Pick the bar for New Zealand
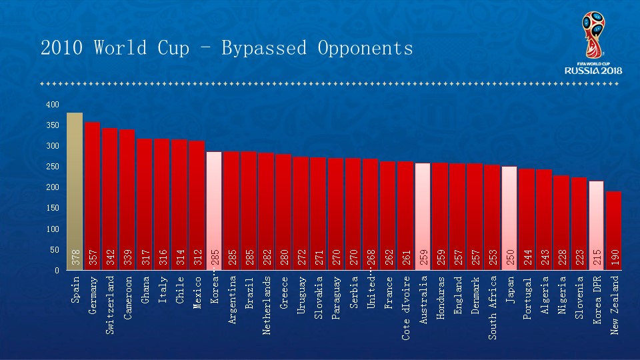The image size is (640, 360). pyautogui.click(x=613, y=230)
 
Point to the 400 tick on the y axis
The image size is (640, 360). pyautogui.click(x=53, y=105)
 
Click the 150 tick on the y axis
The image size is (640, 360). pyautogui.click(x=53, y=208)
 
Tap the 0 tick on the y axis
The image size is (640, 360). pyautogui.click(x=57, y=271)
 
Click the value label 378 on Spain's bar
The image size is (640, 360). pyautogui.click(x=75, y=257)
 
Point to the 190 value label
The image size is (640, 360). pyautogui.click(x=614, y=257)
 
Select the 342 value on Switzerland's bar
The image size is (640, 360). pyautogui.click(x=110, y=257)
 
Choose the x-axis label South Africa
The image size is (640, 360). pyautogui.click(x=492, y=307)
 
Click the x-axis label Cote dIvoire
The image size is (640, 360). pyautogui.click(x=405, y=307)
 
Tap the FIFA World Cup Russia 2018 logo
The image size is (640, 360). pyautogui.click(x=593, y=43)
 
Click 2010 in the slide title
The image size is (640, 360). pyautogui.click(x=63, y=49)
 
